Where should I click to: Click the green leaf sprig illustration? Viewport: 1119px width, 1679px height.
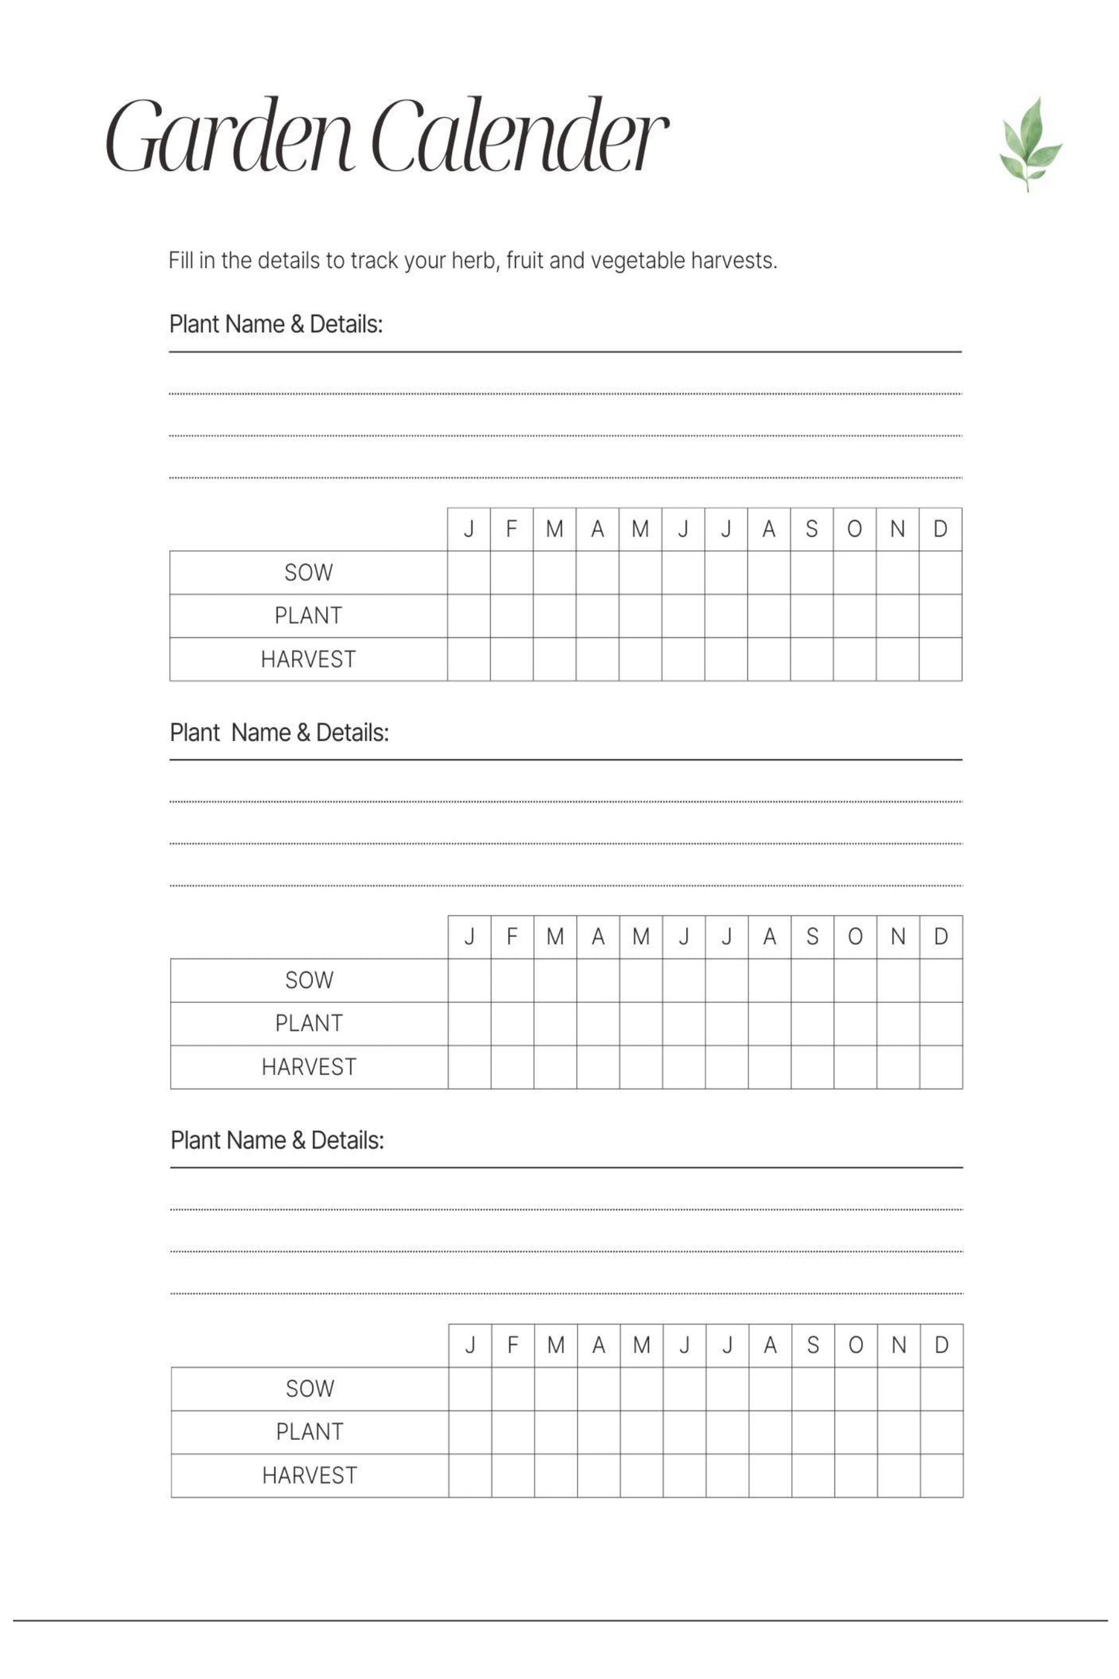(x=1029, y=145)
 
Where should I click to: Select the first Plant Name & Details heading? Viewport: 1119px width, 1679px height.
(x=276, y=324)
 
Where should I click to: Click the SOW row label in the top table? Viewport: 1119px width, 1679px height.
(x=308, y=573)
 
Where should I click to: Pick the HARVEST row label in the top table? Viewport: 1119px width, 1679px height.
(x=308, y=660)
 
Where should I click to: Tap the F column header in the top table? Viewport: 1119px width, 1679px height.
(x=511, y=530)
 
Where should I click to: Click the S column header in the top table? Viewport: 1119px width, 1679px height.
(x=812, y=530)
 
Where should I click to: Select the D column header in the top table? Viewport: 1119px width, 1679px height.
(x=940, y=530)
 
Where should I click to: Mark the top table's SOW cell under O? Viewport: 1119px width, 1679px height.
(x=854, y=573)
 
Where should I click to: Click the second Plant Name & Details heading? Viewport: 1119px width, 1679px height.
(x=279, y=733)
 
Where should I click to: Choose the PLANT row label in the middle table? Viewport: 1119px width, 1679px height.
(x=309, y=1024)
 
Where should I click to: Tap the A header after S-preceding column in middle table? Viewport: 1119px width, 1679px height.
(x=769, y=937)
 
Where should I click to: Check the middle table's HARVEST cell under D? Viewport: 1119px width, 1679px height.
(x=941, y=1067)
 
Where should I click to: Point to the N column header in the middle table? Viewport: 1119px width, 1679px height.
(x=898, y=937)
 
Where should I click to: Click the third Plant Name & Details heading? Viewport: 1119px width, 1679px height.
(x=277, y=1141)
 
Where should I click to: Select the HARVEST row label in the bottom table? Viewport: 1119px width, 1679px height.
(x=310, y=1475)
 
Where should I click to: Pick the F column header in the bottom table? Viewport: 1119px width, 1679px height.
(x=513, y=1345)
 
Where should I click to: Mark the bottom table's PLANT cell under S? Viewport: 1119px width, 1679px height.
(x=813, y=1432)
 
